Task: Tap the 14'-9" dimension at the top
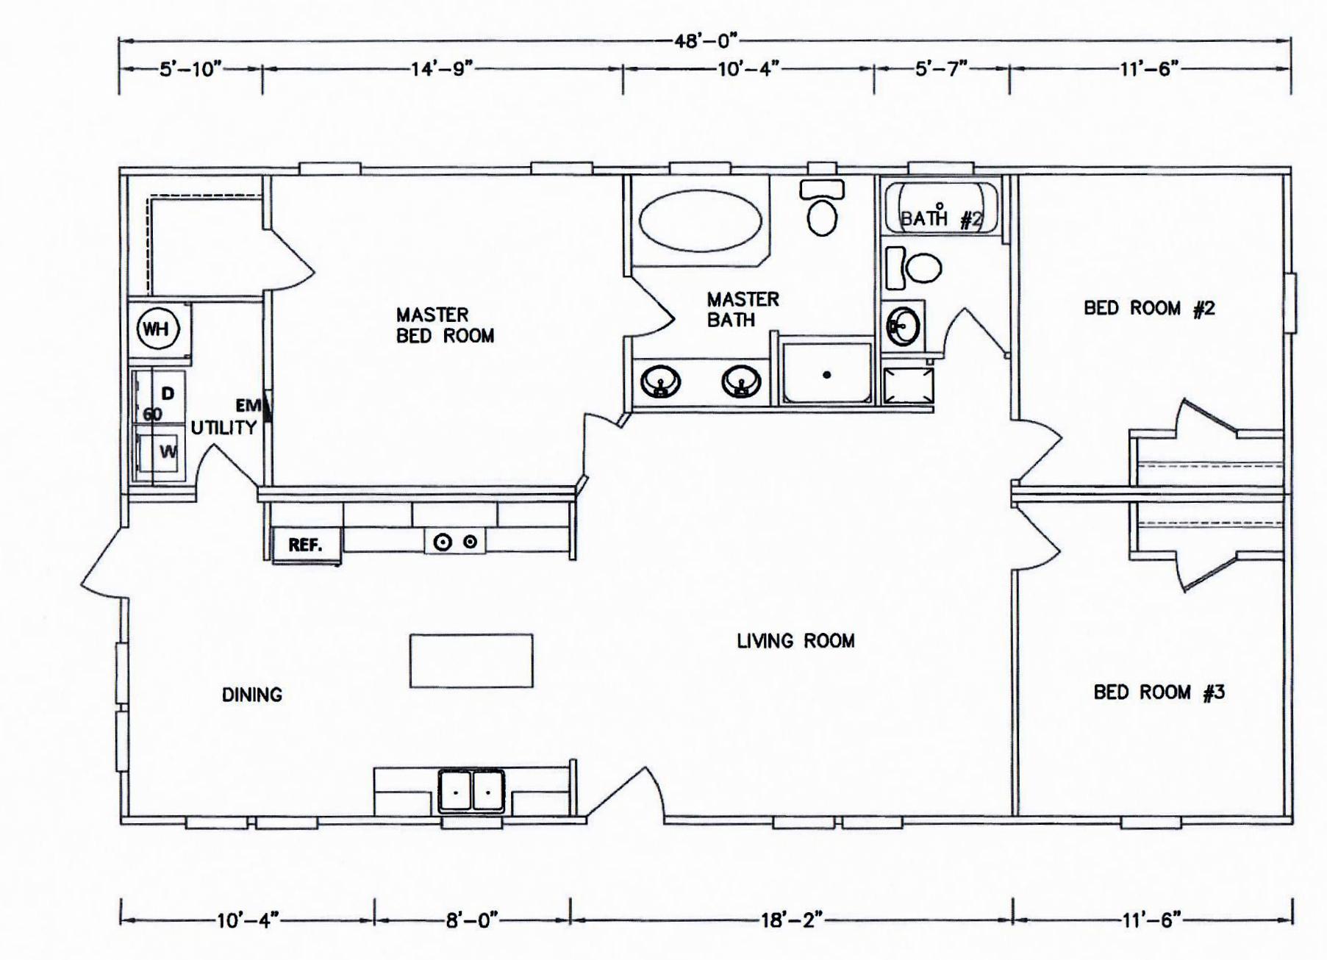pyautogui.click(x=440, y=69)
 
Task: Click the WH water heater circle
pyautogui.click(x=156, y=329)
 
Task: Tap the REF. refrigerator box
pyautogui.click(x=306, y=545)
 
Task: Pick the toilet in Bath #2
pyautogui.click(x=914, y=268)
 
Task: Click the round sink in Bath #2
pyautogui.click(x=903, y=326)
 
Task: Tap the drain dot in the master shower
pyautogui.click(x=827, y=375)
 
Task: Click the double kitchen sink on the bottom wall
pyautogui.click(x=471, y=790)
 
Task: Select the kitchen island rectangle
pyautogui.click(x=471, y=661)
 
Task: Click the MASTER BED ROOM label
pyautogui.click(x=445, y=325)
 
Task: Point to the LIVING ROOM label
pyautogui.click(x=795, y=641)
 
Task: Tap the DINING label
pyautogui.click(x=252, y=695)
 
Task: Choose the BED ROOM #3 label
pyautogui.click(x=1159, y=692)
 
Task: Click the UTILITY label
pyautogui.click(x=224, y=428)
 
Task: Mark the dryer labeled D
pyautogui.click(x=159, y=397)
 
